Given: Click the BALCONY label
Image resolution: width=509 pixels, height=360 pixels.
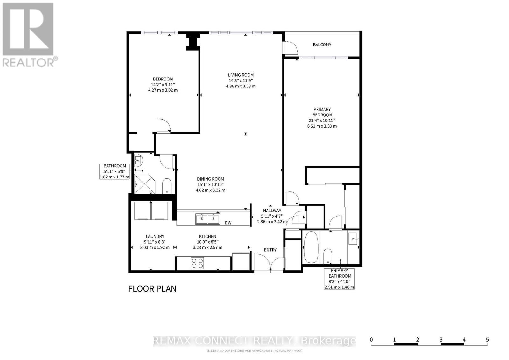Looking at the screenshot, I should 322,45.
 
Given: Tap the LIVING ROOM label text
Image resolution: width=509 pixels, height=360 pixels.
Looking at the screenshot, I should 241,75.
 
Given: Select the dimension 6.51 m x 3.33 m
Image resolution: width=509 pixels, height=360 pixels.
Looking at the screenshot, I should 322,126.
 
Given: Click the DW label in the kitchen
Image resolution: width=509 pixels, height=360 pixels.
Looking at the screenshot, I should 228,223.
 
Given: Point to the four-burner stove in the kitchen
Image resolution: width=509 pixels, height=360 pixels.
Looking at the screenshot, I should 197,263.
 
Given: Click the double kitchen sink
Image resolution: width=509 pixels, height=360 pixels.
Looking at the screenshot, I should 207,219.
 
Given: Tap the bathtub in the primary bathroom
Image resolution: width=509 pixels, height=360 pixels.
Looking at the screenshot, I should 310,247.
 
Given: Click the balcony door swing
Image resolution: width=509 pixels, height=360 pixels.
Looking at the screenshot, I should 290,48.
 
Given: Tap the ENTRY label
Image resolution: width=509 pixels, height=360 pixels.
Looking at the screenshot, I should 270,250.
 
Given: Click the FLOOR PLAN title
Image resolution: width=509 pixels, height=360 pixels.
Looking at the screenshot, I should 152,288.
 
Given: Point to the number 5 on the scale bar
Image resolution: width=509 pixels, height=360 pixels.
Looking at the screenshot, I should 487,340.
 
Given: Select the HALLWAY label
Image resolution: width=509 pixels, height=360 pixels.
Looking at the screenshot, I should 272,211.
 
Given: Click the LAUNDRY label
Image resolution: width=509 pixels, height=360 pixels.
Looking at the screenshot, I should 155,236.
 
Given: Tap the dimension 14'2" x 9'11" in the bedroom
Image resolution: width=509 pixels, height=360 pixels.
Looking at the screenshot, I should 163,85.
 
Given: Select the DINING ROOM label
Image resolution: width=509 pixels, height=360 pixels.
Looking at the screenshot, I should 210,179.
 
